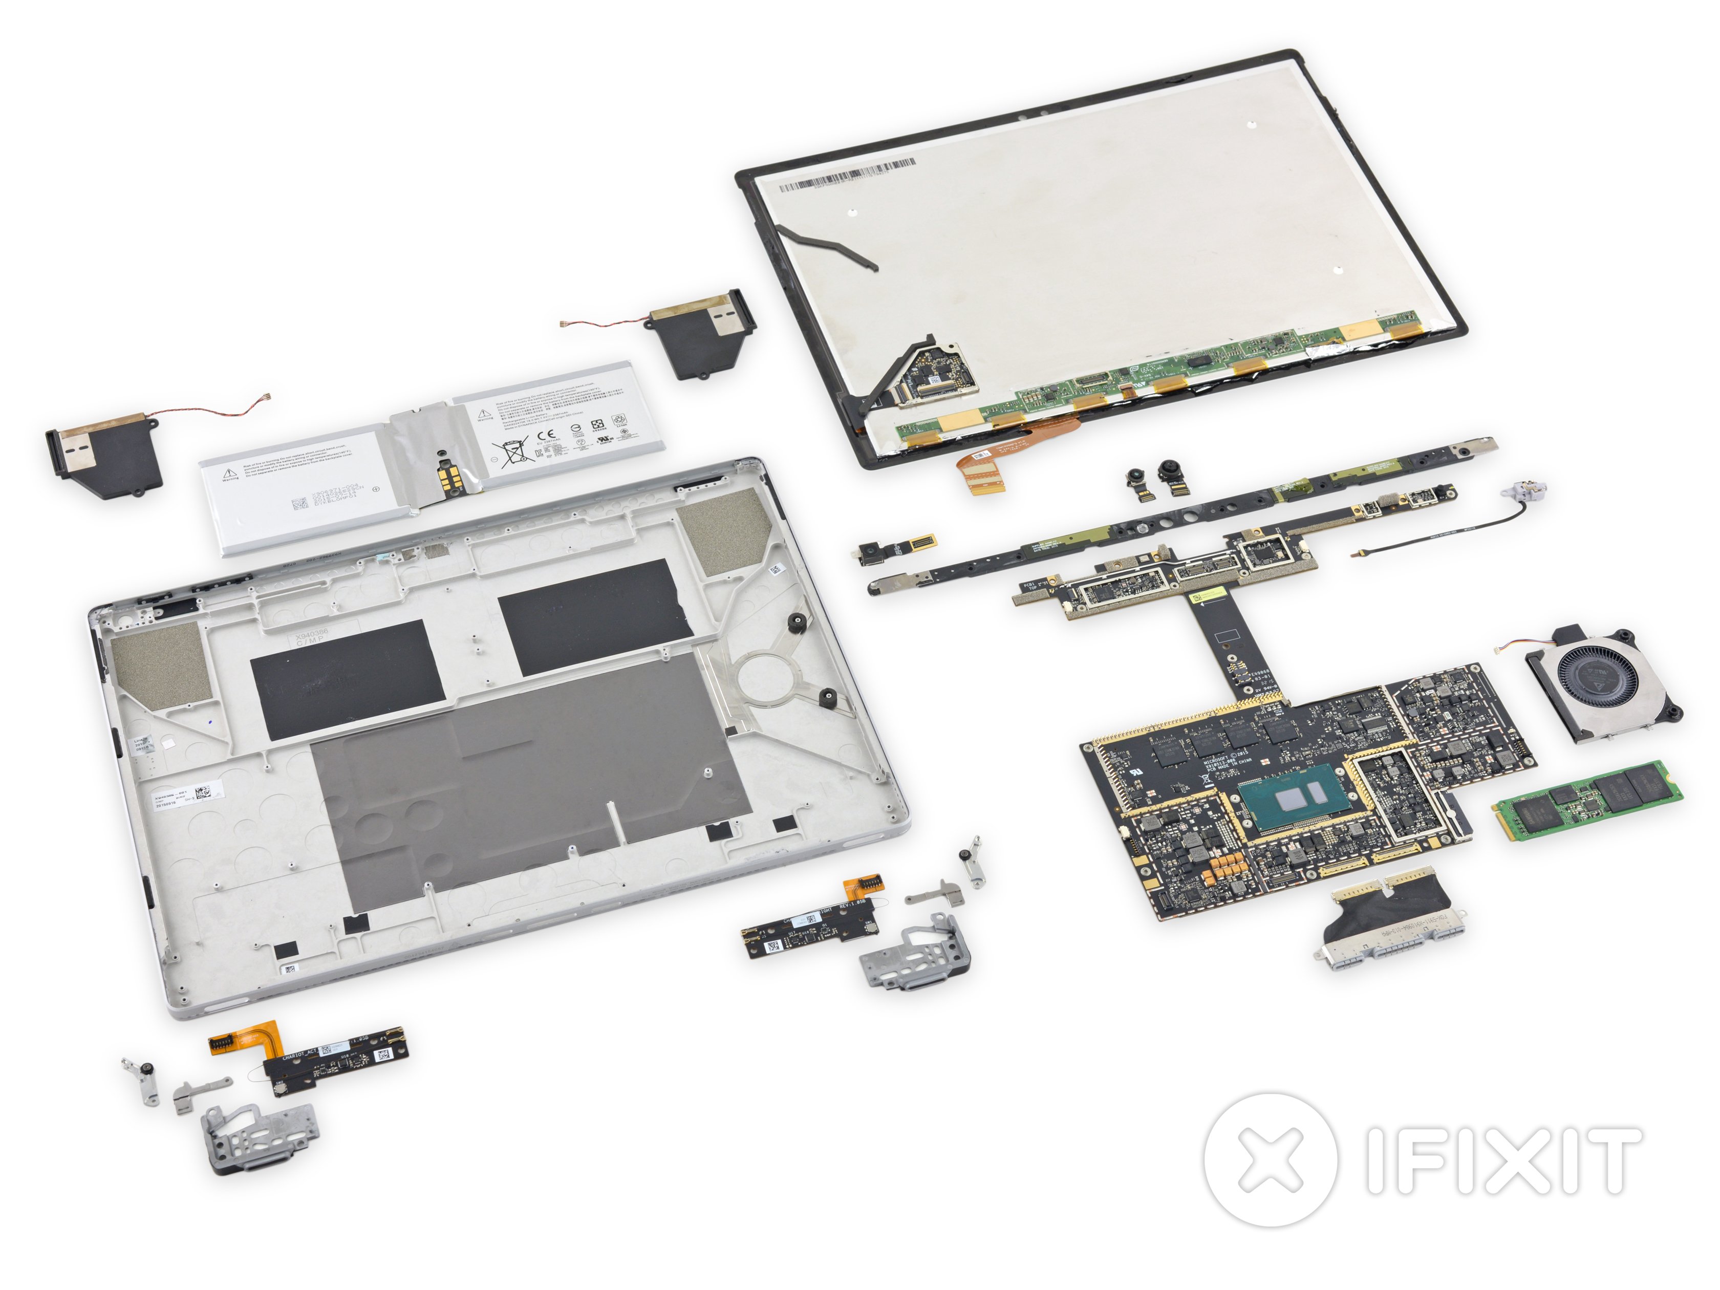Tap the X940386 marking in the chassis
[312, 636]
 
